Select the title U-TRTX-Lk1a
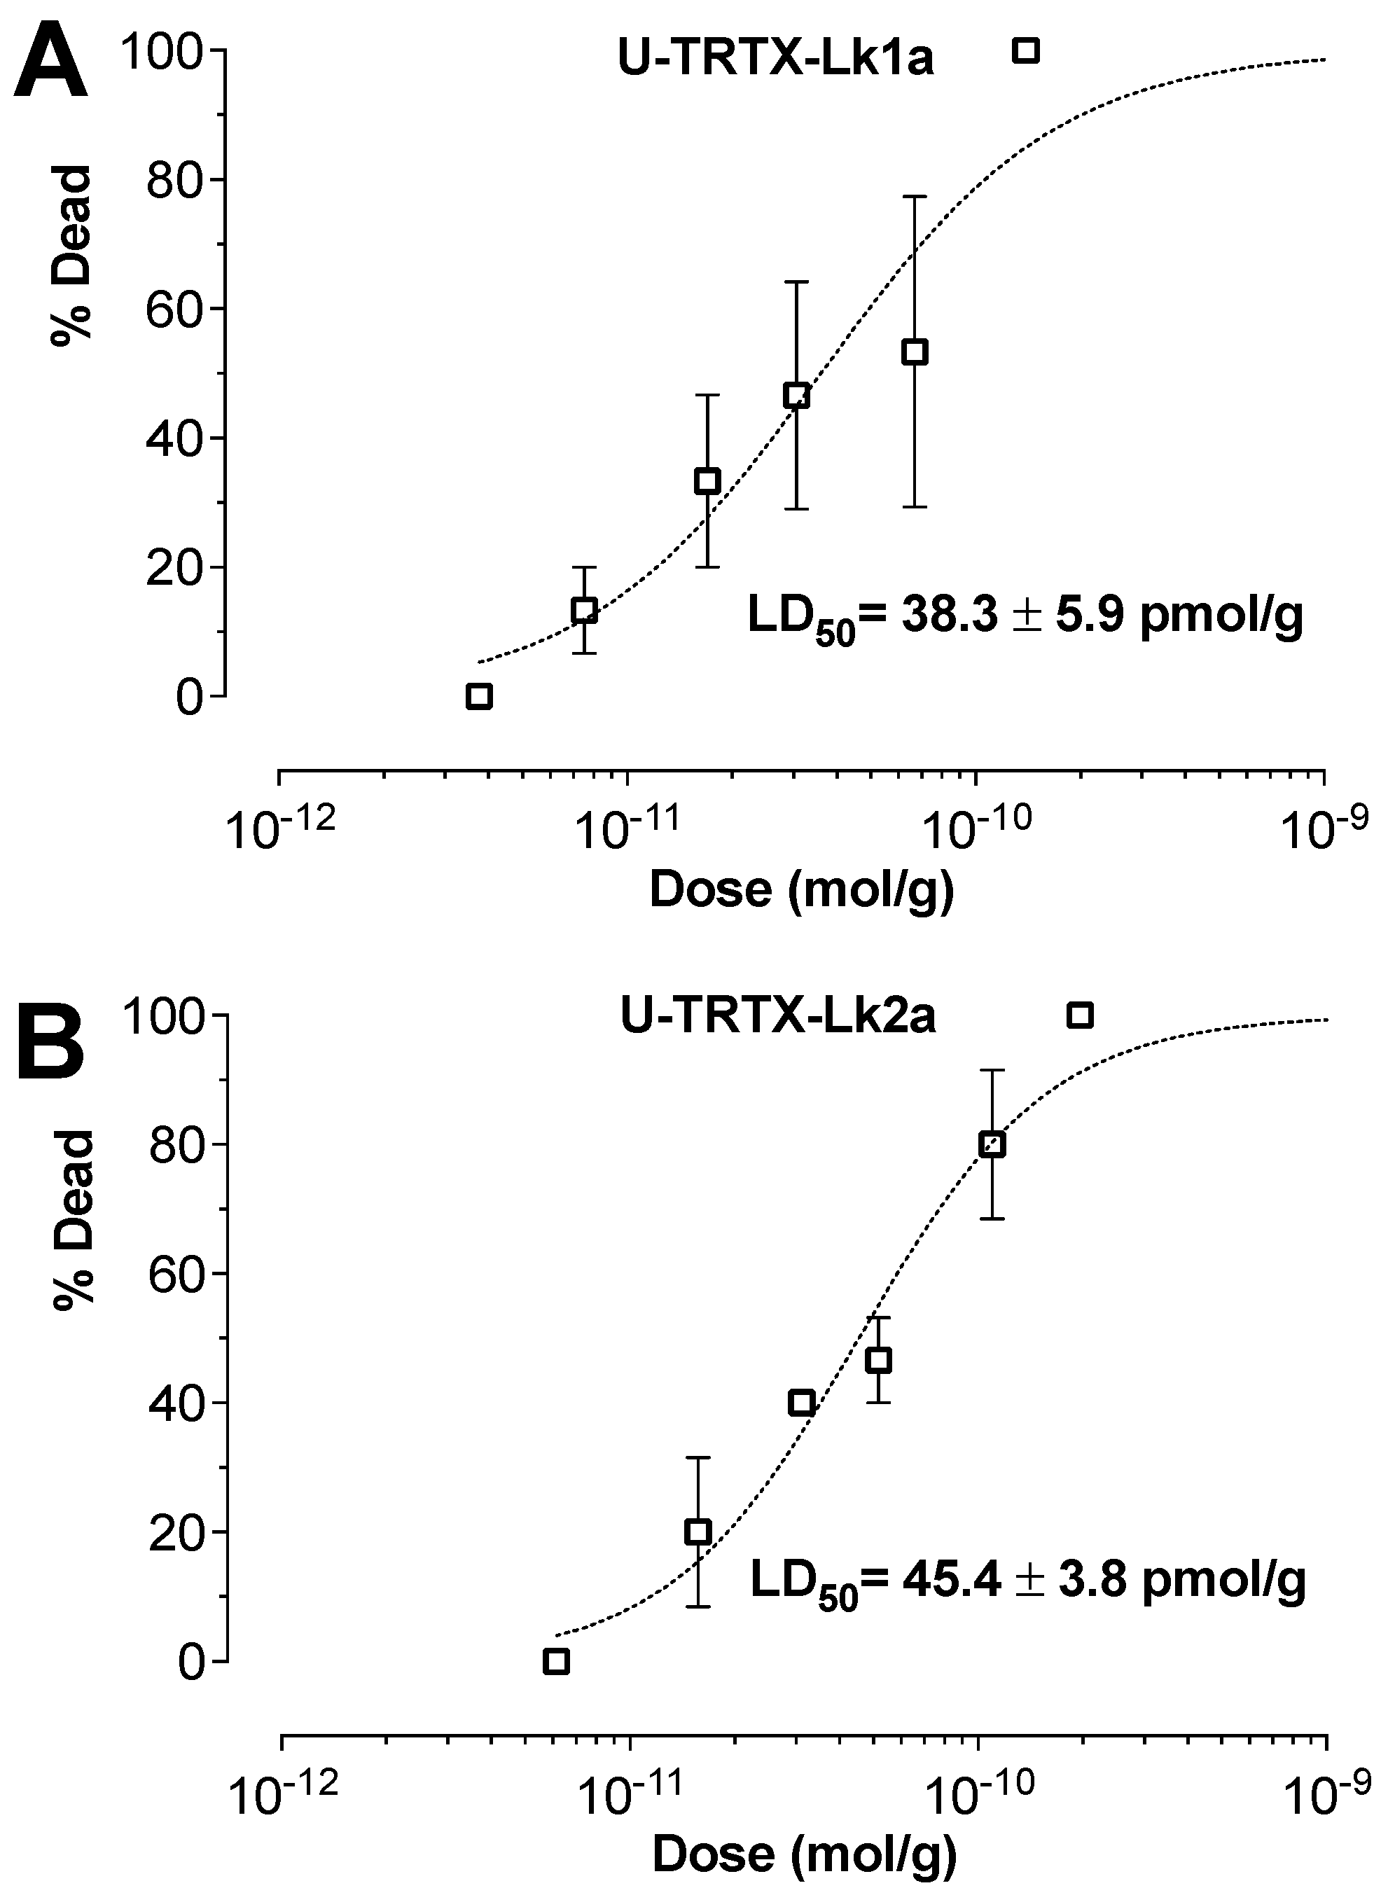pos(775,60)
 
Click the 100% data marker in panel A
pos(1027,50)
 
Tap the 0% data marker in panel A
pos(479,696)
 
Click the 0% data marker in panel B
pos(556,1662)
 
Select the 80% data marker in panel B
pos(992,1145)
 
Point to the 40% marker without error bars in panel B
pos(802,1403)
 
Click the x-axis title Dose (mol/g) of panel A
pos(803,889)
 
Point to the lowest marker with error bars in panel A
pos(584,611)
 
